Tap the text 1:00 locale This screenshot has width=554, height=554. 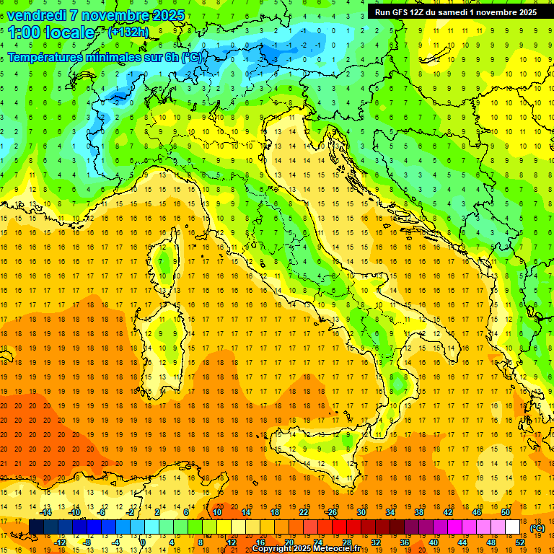[51, 32]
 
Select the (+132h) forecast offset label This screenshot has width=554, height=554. [128, 32]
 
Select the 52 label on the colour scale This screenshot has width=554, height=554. [519, 542]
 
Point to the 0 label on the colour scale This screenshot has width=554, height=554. [144, 542]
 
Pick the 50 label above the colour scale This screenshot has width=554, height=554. [505, 512]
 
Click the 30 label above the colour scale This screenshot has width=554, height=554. [361, 512]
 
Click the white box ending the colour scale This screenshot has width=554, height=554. [512, 527]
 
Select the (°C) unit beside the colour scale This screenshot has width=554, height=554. [537, 528]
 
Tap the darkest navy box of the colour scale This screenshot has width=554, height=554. [36, 527]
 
